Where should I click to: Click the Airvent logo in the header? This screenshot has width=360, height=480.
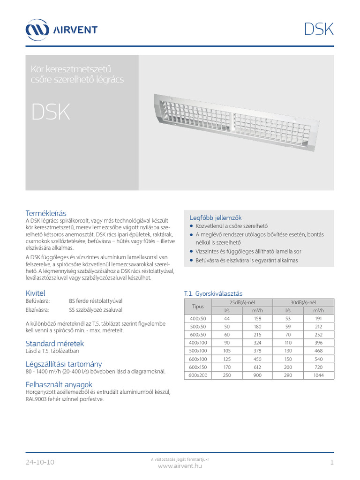[x=61, y=30]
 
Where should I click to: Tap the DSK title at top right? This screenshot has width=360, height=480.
[x=319, y=29]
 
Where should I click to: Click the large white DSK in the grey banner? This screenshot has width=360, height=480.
[x=51, y=112]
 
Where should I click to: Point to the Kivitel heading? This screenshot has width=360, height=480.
[x=35, y=293]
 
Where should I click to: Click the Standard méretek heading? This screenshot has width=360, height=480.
[x=54, y=344]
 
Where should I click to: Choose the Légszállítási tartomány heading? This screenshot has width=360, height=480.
[x=63, y=364]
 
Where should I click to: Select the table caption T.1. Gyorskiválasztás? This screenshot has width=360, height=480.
[x=213, y=293]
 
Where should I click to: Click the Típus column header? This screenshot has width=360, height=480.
[x=198, y=306]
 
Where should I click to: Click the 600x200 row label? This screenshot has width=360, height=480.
[x=198, y=376]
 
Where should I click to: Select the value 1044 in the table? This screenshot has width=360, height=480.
[x=319, y=376]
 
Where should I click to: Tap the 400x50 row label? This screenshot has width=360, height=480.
[x=198, y=319]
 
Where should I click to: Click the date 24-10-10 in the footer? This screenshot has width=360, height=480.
[x=40, y=462]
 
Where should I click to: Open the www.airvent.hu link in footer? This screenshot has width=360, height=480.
[x=180, y=465]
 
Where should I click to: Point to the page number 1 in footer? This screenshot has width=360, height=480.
[x=331, y=462]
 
